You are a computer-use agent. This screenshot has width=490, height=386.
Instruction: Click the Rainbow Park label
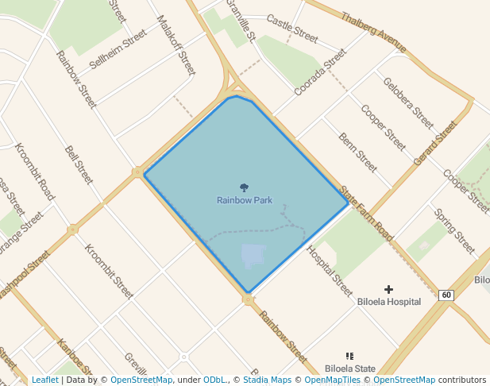[245, 200]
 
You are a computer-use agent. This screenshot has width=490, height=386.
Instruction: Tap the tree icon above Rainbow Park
[244, 188]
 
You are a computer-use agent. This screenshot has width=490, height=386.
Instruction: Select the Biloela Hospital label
[388, 302]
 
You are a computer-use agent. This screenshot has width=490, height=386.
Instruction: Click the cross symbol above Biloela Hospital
[388, 290]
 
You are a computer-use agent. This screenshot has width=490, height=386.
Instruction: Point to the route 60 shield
[446, 295]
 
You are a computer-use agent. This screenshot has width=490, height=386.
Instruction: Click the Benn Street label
[357, 151]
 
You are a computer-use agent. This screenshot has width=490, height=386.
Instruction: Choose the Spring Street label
[455, 226]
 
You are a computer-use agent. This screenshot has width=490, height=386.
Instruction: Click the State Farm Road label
[366, 214]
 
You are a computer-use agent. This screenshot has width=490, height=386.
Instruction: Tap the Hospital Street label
[329, 271]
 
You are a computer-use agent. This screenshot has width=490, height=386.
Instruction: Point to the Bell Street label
[79, 164]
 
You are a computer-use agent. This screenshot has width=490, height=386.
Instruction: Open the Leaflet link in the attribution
[44, 380]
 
